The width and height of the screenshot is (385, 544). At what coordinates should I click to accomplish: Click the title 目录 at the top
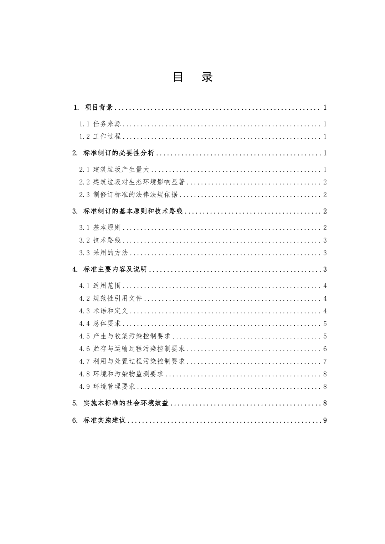(x=192, y=77)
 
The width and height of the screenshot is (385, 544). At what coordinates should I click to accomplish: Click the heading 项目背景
(x=98, y=107)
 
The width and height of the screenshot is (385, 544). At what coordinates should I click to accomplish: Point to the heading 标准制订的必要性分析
(x=119, y=153)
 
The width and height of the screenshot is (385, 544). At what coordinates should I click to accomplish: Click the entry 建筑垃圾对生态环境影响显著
(x=139, y=182)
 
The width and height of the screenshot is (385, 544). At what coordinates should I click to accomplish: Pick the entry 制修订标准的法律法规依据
(x=135, y=195)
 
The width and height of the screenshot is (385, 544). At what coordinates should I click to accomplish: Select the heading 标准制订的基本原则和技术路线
(x=133, y=211)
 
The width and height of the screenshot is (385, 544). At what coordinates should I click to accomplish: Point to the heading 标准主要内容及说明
(x=115, y=269)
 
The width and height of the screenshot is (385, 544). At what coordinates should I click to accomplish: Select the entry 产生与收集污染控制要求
(x=132, y=336)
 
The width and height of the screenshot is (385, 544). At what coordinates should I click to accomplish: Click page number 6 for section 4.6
(x=325, y=349)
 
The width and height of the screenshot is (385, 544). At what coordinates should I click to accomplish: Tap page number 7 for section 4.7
(x=325, y=362)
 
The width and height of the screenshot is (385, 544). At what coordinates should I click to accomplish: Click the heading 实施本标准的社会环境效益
(x=126, y=403)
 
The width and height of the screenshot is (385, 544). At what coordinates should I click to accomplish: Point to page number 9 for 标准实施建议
(x=325, y=420)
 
